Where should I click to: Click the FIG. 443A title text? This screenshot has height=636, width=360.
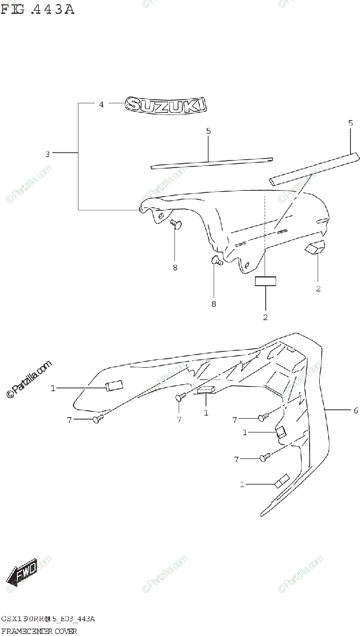[37, 9]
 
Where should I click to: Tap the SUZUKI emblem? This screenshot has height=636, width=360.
[166, 105]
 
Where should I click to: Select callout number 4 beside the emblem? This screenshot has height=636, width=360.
[101, 104]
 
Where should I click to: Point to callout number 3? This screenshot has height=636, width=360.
[47, 154]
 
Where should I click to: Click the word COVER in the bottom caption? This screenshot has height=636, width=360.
[64, 631]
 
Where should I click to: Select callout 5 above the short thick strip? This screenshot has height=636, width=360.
[350, 123]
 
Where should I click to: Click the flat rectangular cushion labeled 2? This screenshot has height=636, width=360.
[265, 281]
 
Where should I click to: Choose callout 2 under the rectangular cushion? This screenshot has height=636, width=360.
[265, 317]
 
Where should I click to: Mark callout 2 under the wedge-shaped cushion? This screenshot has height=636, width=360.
[318, 289]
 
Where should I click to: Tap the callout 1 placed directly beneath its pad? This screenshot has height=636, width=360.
[206, 412]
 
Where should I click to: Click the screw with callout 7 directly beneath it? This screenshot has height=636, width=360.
[180, 397]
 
